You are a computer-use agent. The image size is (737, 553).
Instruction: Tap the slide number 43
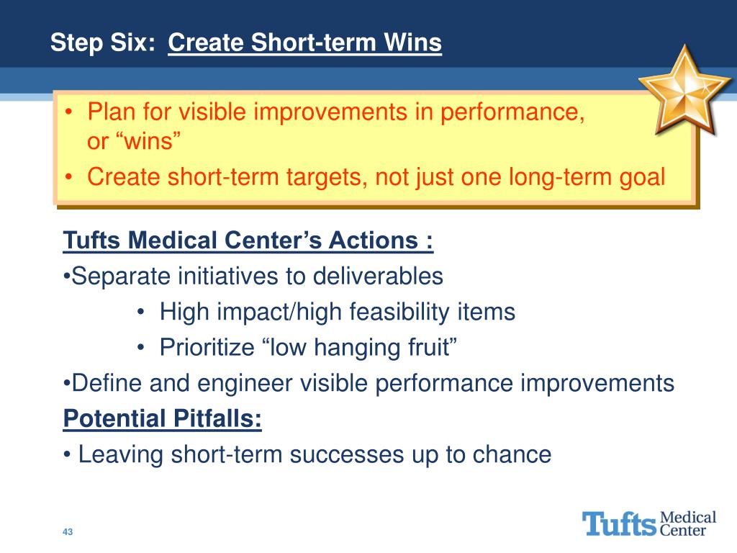click(x=68, y=532)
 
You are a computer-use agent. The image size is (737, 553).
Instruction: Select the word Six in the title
click(x=133, y=42)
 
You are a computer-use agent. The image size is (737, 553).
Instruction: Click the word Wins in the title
click(x=412, y=42)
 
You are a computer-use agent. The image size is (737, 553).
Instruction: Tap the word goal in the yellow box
click(x=642, y=178)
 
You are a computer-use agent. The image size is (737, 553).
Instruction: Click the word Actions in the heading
click(x=374, y=240)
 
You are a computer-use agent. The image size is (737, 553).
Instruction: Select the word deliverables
click(x=378, y=276)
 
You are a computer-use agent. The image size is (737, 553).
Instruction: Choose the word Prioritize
click(x=207, y=347)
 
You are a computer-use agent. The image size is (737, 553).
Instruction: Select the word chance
click(x=512, y=454)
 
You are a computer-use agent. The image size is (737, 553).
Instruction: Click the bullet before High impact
click(x=141, y=312)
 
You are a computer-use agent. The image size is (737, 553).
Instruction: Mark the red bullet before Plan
click(x=69, y=112)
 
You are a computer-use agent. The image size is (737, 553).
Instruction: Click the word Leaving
click(x=121, y=455)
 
